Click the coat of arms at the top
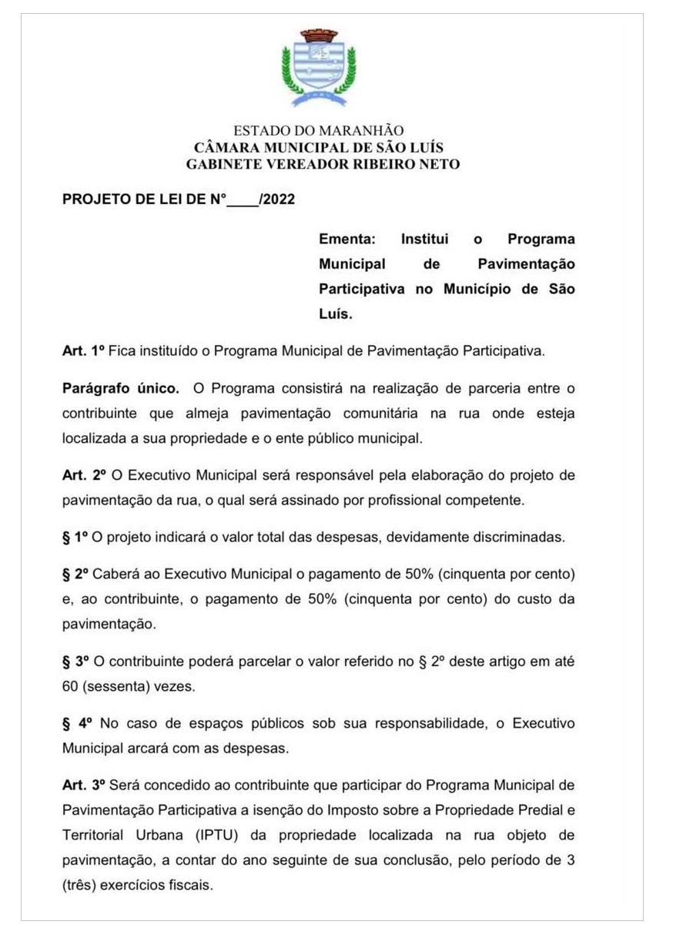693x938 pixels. [319, 68]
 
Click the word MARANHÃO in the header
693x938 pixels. [365, 131]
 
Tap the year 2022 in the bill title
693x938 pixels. [279, 200]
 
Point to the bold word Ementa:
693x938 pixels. [347, 240]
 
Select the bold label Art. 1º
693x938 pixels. [82, 350]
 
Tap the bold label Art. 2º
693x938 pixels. [83, 475]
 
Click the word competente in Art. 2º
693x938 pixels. [486, 500]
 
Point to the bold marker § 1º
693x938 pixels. [75, 538]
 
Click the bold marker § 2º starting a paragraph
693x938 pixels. [75, 575]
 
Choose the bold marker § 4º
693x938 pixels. [77, 723]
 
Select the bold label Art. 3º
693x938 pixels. [83, 786]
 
